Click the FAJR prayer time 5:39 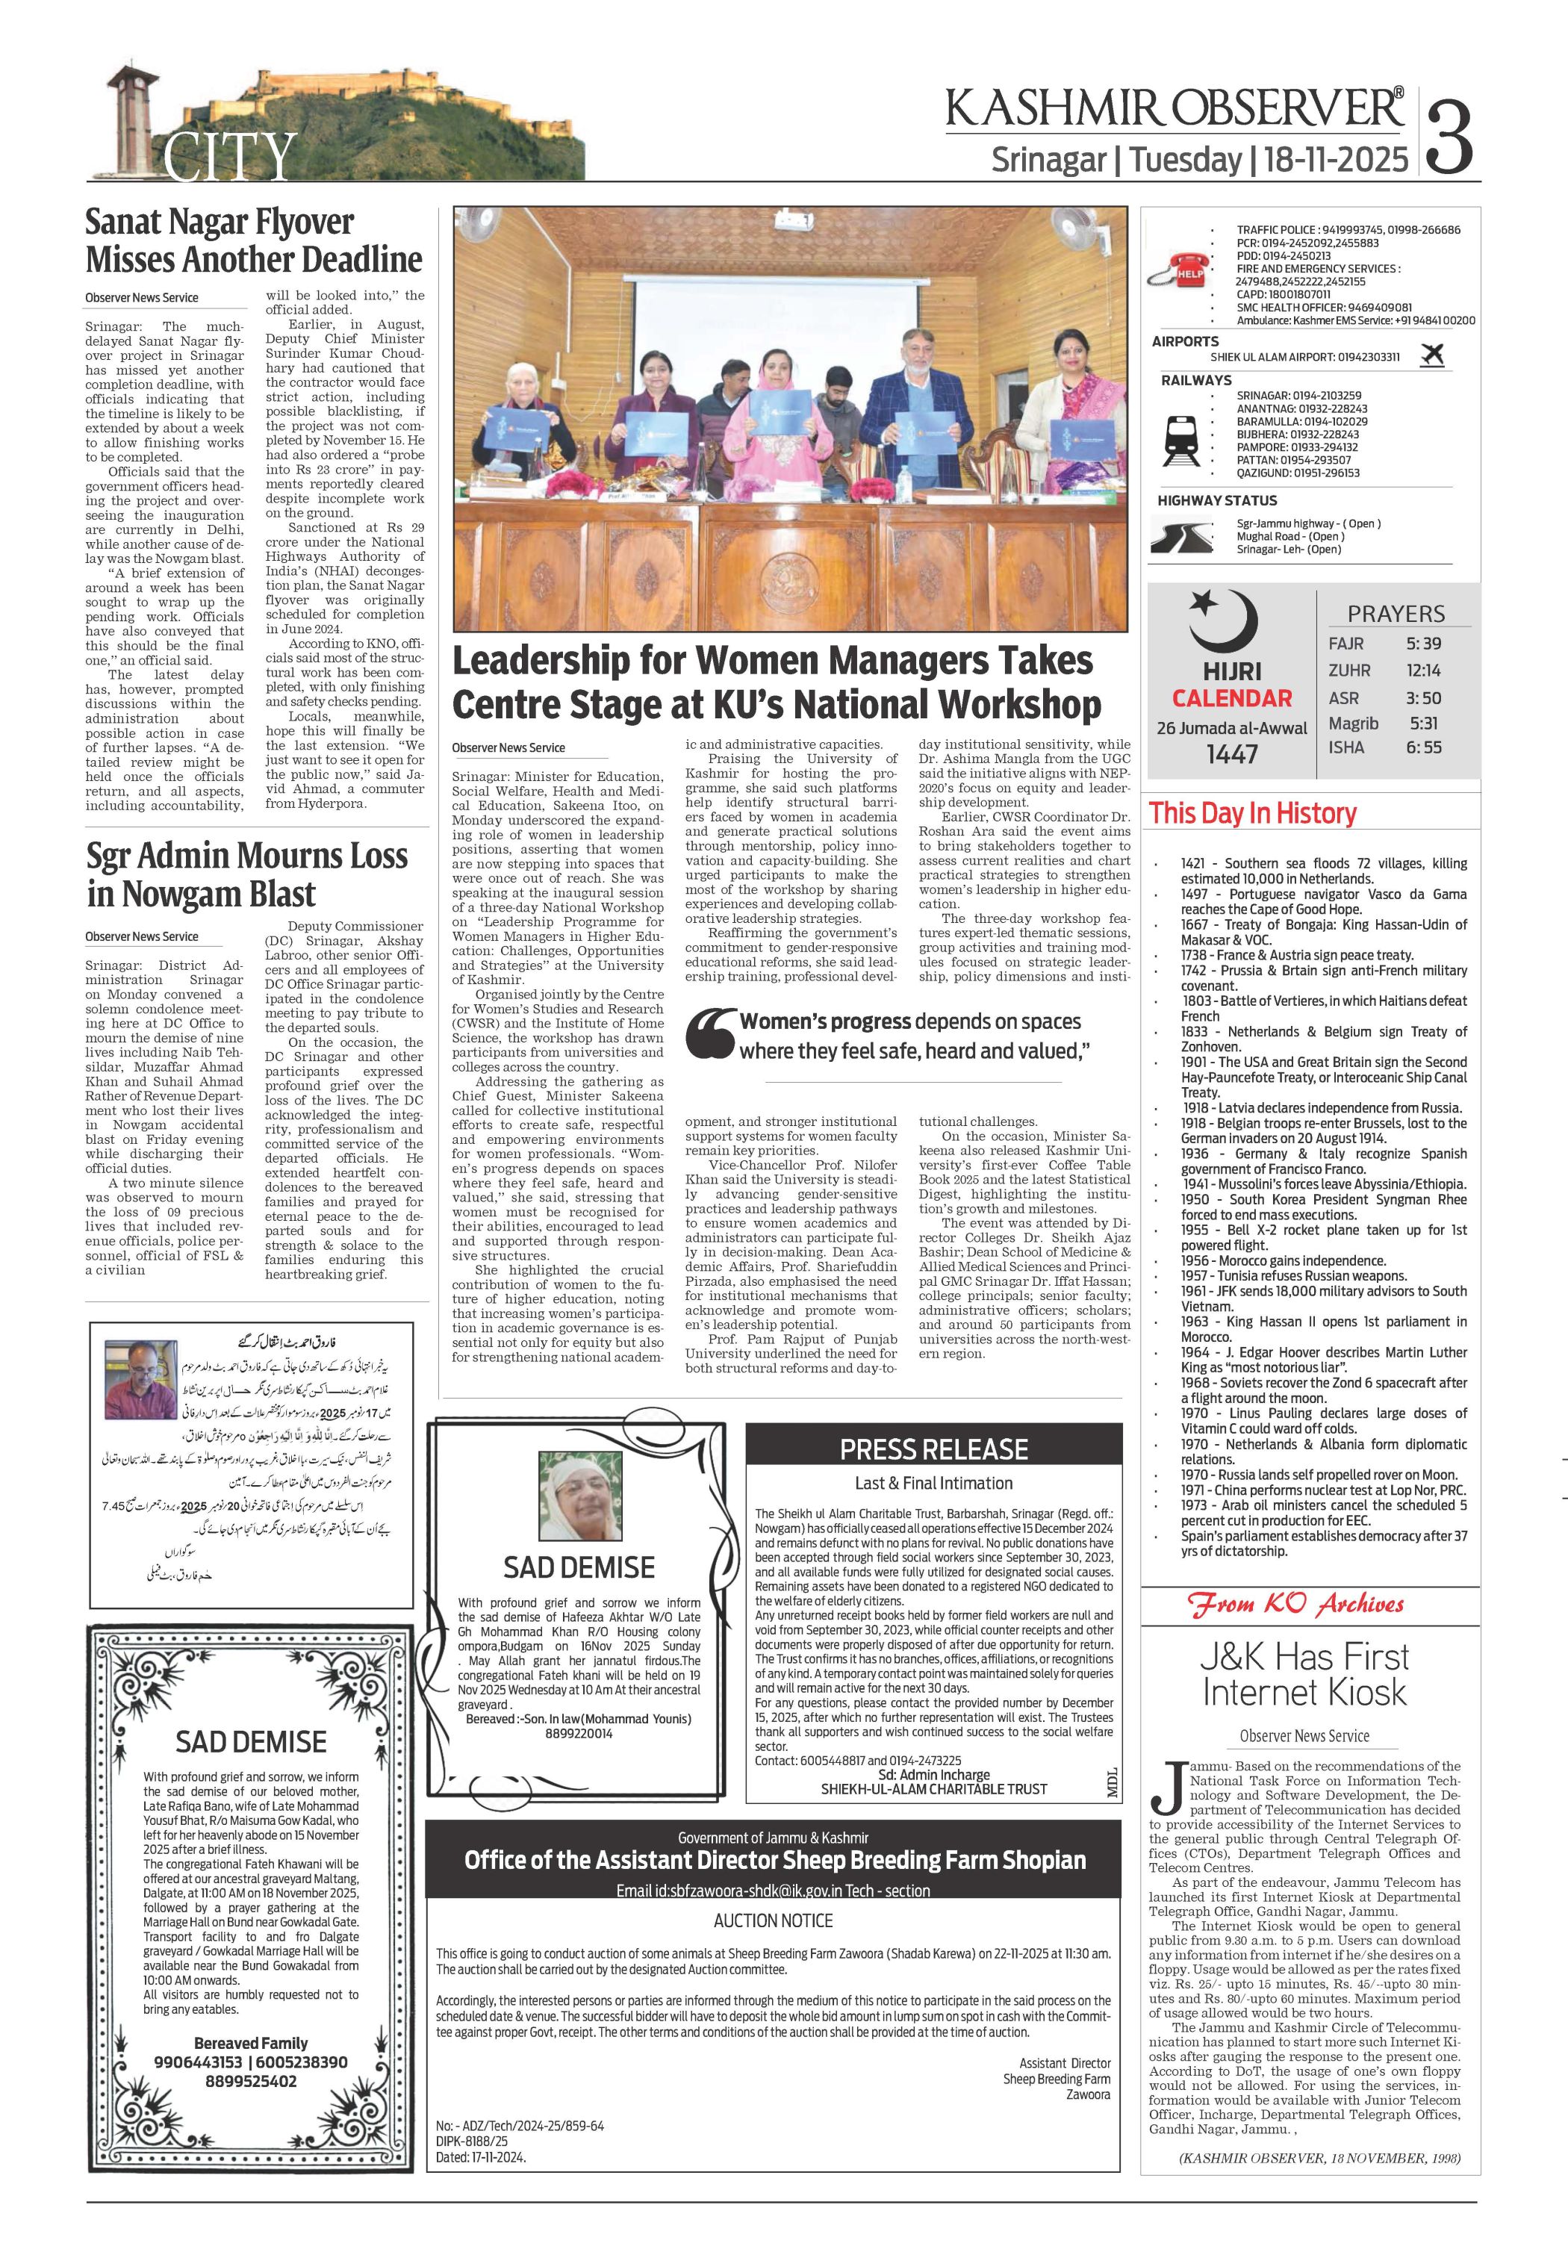(1422, 644)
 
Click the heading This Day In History (1252, 813)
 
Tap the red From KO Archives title (1296, 1605)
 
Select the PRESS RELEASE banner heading (933, 1449)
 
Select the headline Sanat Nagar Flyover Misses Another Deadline (253, 240)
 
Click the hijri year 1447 (1232, 753)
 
